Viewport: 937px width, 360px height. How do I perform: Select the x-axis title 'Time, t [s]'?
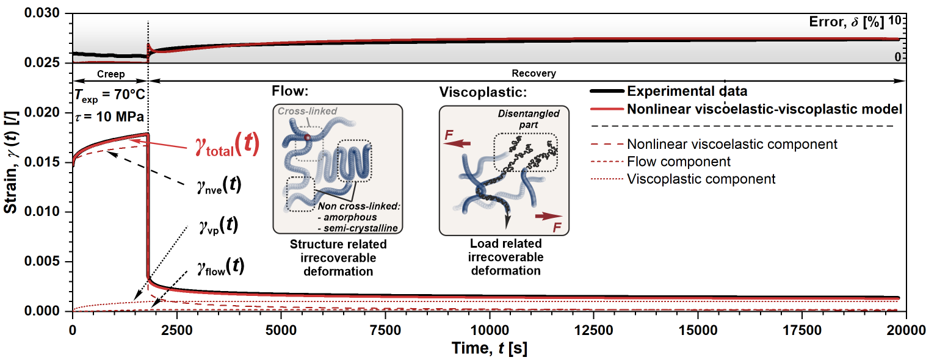pyautogui.click(x=490, y=348)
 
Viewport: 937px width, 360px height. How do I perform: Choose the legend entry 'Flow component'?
pyautogui.click(x=678, y=162)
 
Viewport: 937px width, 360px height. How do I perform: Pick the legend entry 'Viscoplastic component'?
pyautogui.click(x=701, y=179)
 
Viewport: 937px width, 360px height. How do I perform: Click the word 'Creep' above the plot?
pyautogui.click(x=110, y=74)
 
